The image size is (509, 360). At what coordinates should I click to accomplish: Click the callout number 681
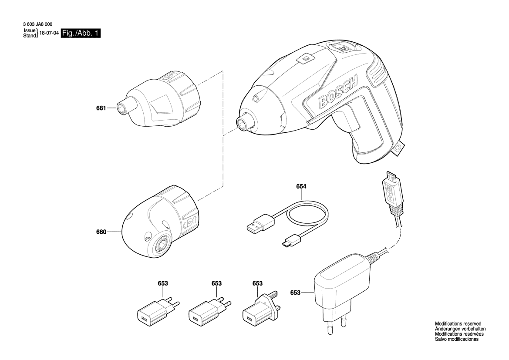101,108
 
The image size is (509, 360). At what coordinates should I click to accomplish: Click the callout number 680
101,232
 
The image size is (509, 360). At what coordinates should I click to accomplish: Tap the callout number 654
301,187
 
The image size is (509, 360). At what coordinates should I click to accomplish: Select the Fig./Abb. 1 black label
81,33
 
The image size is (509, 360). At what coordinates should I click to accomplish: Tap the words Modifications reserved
458,324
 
